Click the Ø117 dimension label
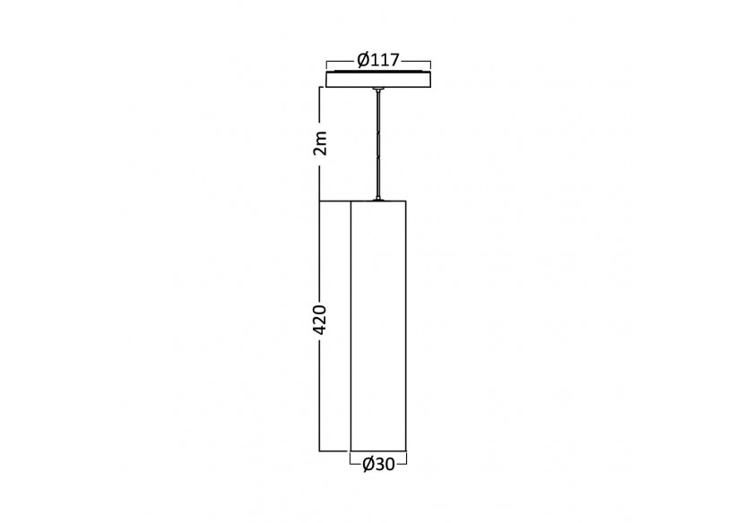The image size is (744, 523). (x=378, y=61)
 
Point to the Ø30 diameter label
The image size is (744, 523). (x=378, y=463)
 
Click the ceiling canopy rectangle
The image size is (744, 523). (x=379, y=80)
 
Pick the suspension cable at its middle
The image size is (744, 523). (x=379, y=143)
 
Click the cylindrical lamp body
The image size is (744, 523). (x=378, y=322)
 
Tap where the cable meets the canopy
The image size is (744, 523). (x=379, y=90)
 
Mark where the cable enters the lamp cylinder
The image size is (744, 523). (x=379, y=199)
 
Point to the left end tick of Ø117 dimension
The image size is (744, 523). (x=327, y=65)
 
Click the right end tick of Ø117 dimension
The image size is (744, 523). (x=431, y=65)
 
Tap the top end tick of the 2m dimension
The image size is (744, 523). (x=321, y=88)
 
